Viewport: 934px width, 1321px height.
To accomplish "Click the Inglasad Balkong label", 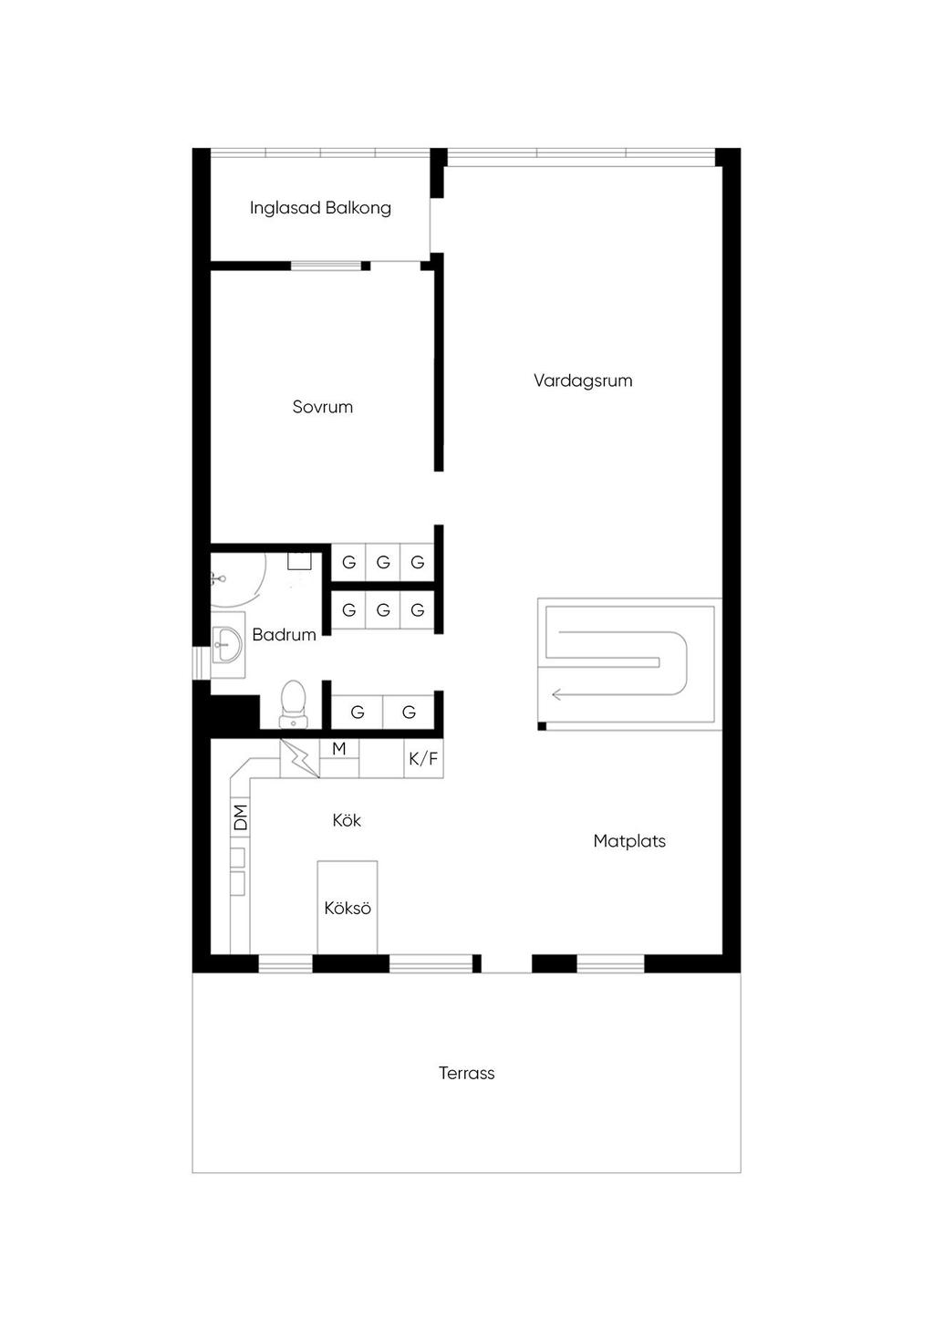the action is [320, 208].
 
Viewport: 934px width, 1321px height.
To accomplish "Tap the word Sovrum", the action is [323, 407].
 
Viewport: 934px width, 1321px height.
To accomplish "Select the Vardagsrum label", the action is [583, 381].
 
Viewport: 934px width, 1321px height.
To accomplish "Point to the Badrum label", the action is [284, 635].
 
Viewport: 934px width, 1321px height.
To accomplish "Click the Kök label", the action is [347, 820].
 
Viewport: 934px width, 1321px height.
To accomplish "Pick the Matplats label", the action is [629, 841].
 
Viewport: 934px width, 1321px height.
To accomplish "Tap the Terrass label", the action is [466, 1073].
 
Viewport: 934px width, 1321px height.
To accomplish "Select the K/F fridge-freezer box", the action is [423, 758].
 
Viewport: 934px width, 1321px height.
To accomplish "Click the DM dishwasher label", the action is [241, 817].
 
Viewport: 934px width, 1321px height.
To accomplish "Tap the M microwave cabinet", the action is [339, 749].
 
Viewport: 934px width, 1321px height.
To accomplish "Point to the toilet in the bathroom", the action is [293, 703].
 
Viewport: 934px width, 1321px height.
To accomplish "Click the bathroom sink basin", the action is [227, 644].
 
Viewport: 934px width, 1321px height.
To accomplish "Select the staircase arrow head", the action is [556, 694].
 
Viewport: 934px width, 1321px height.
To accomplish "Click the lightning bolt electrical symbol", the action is [300, 759].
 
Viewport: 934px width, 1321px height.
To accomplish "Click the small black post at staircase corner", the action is [542, 726].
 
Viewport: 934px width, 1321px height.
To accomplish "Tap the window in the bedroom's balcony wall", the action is [326, 266].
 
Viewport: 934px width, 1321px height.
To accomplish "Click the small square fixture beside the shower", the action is [299, 560].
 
